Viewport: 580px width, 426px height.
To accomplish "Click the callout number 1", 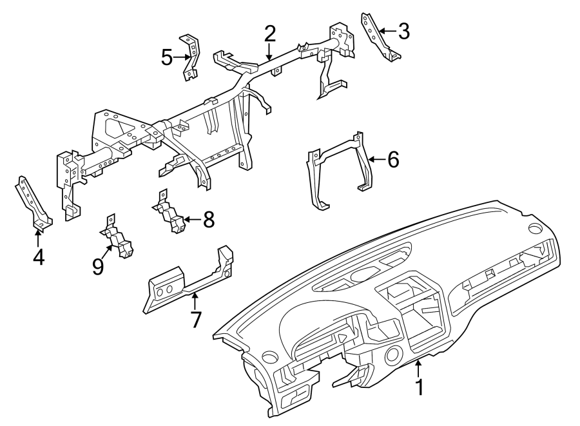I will pyautogui.click(x=420, y=388).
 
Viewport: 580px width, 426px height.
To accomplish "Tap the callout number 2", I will pyautogui.click(x=269, y=34).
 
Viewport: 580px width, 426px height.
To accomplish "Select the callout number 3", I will pyautogui.click(x=403, y=30).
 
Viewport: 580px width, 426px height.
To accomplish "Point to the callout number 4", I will pyautogui.click(x=39, y=258).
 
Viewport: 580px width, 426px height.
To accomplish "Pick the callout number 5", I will pyautogui.click(x=167, y=57).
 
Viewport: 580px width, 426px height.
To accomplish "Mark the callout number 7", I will pyautogui.click(x=196, y=318).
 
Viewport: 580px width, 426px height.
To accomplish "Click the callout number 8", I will pyautogui.click(x=208, y=220).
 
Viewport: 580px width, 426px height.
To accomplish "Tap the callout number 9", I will pyautogui.click(x=98, y=266).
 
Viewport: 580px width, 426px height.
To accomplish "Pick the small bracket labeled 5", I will pyautogui.click(x=191, y=56).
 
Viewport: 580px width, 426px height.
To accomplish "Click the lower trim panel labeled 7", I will pyautogui.click(x=187, y=284).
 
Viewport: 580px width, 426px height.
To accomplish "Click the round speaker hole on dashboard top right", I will pyautogui.click(x=535, y=229).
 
